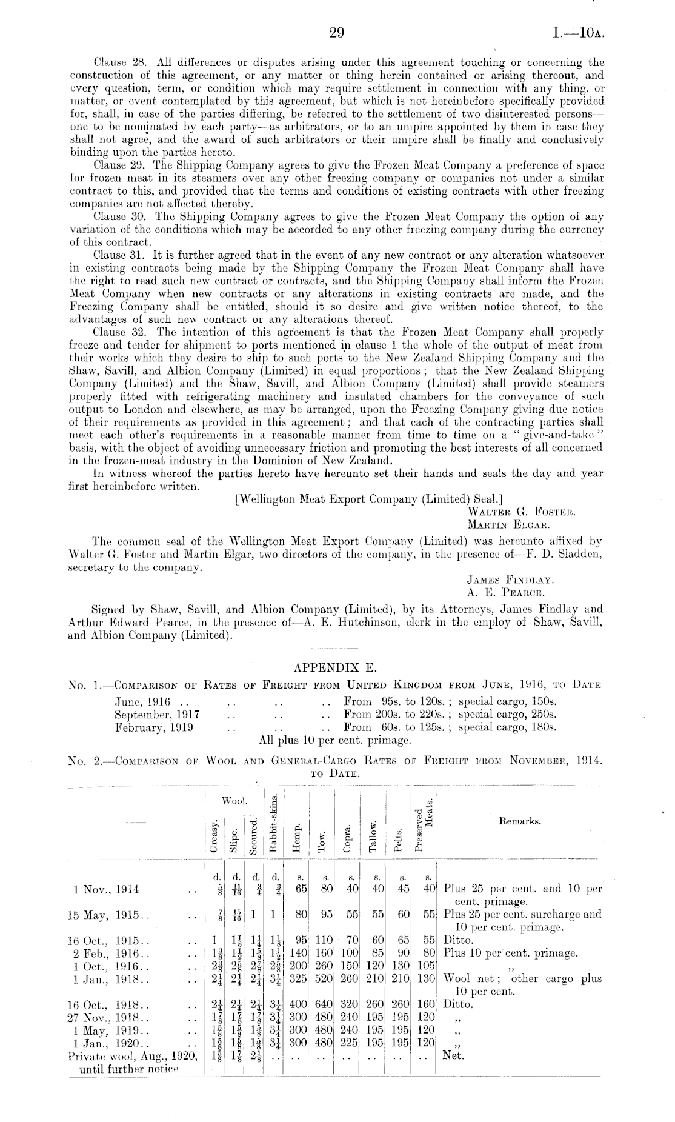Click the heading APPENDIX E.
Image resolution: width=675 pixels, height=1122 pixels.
tap(335, 668)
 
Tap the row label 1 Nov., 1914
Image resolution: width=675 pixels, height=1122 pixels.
tap(105, 889)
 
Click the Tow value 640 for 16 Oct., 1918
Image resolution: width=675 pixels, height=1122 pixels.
tap(324, 1003)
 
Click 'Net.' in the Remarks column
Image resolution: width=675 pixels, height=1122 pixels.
tap(453, 1055)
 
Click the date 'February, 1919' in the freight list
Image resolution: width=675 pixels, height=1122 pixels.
tap(154, 727)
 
